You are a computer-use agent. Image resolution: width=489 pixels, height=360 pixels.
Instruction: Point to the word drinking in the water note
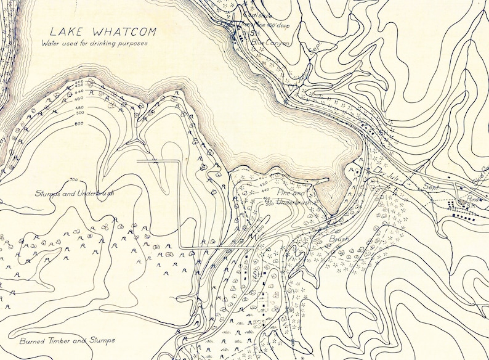(100, 43)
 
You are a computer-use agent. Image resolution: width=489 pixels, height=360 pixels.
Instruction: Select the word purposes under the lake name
(134, 43)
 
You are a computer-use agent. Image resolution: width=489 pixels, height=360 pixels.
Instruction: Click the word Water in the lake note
(52, 43)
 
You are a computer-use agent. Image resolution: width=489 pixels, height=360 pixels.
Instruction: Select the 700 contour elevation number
(75, 180)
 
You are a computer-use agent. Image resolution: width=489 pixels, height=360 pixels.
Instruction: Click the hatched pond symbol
(459, 202)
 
